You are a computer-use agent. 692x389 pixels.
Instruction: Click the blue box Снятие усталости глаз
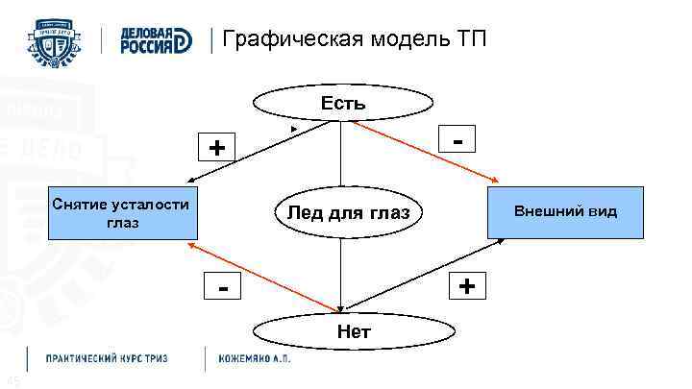coord(123,212)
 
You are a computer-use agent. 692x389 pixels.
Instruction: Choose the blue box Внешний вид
coord(565,211)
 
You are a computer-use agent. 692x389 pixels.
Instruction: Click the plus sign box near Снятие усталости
coord(220,147)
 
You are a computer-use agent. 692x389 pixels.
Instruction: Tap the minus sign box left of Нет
coord(223,287)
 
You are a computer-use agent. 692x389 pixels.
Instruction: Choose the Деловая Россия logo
coord(154,41)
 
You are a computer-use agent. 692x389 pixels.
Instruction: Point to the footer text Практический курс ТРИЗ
coord(108,357)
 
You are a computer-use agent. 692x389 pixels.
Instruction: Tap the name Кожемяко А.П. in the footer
coord(254,357)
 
